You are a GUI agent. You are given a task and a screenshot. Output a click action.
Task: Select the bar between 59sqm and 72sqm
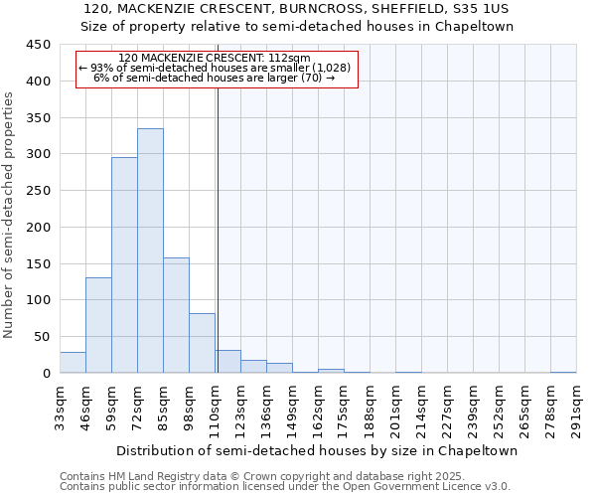click(124, 264)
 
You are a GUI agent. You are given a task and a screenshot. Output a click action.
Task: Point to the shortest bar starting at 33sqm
click(73, 363)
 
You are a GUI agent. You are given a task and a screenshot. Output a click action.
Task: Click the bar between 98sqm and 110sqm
click(202, 343)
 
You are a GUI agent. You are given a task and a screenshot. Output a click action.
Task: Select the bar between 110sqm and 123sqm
click(227, 362)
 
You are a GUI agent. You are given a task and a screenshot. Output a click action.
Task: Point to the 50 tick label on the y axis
click(42, 336)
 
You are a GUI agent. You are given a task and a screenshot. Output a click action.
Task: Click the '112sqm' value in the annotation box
click(289, 59)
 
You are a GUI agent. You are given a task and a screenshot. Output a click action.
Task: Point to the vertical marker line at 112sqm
click(218, 219)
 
